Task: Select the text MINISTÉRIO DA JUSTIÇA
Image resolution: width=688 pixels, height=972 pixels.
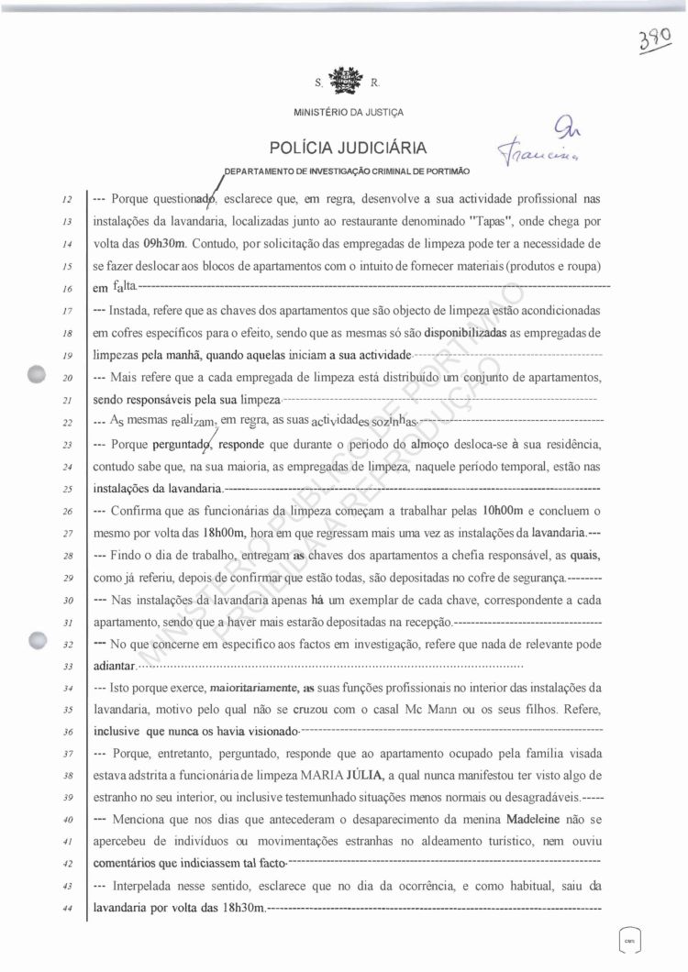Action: click(x=349, y=113)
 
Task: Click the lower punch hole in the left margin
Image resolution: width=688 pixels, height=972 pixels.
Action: click(x=38, y=641)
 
